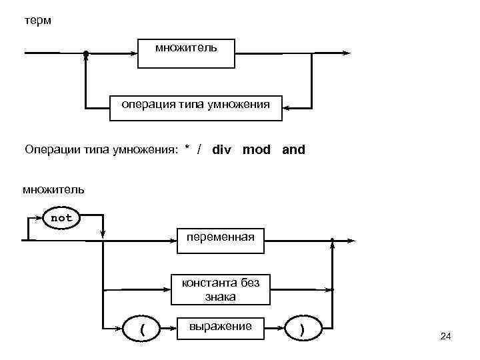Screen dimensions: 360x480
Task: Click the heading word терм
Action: [x=37, y=21]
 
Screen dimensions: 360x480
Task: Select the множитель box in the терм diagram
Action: [x=186, y=53]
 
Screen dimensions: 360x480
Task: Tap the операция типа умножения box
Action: [x=195, y=105]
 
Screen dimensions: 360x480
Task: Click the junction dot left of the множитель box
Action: [x=85, y=53]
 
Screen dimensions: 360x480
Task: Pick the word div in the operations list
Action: [x=222, y=150]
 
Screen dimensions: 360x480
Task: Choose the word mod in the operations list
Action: [x=257, y=150]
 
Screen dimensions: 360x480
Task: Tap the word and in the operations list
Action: [x=293, y=150]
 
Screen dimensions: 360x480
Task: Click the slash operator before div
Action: [x=200, y=150]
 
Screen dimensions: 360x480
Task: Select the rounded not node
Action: [x=62, y=218]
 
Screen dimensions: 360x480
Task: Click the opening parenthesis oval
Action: [x=142, y=328]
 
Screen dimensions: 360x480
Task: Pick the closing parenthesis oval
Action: [x=303, y=328]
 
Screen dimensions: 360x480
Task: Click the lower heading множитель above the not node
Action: [x=53, y=189]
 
